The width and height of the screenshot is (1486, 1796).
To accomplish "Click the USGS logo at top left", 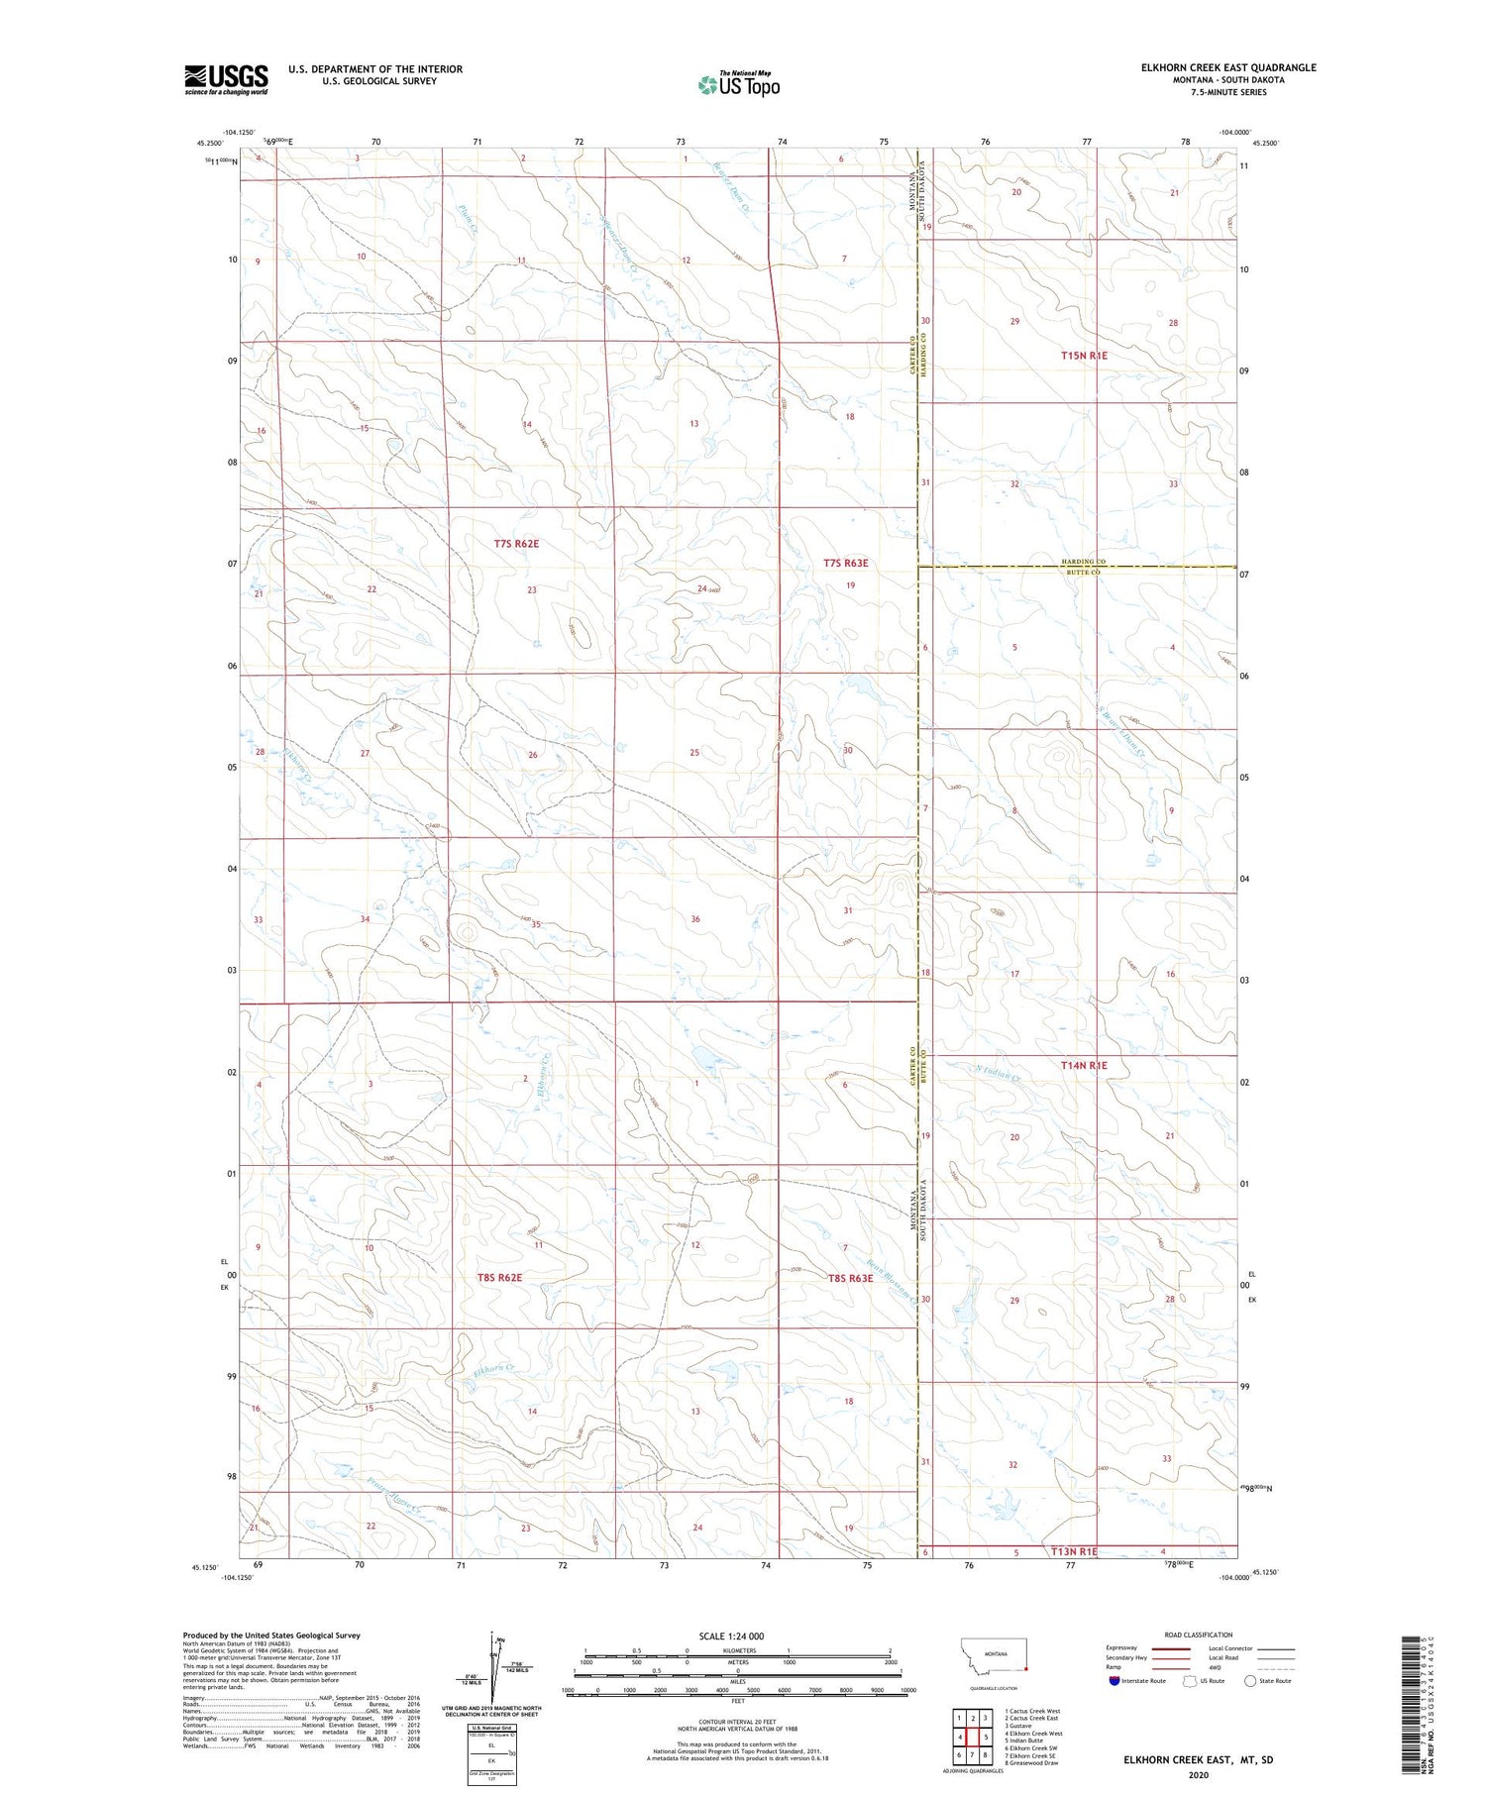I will (226, 79).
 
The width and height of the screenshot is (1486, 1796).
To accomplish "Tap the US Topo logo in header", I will (739, 84).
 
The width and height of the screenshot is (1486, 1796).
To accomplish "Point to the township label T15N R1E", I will (1084, 355).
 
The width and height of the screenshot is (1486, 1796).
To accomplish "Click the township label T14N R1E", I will (1084, 1065).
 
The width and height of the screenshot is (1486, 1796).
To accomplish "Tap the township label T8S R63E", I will (850, 1278).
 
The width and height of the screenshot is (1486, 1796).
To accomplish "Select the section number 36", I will (695, 919).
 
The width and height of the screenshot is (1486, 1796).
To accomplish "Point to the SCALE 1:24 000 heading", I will (731, 1636).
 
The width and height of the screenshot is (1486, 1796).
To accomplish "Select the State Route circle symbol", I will (1250, 1680).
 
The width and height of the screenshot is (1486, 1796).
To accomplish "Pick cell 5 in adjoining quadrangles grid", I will (986, 1737).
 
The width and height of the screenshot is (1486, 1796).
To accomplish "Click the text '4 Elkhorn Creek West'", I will (1033, 1733).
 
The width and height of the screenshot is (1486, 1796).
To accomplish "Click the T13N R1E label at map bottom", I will (1074, 1551).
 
